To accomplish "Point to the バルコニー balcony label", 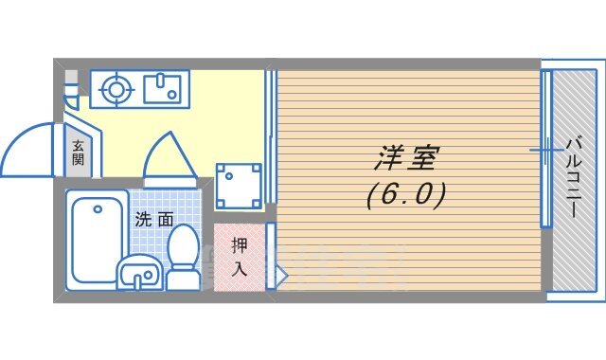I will [575, 179].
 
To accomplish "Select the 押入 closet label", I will [240, 255].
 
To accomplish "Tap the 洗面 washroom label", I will [154, 219].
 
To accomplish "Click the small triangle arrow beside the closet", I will [280, 275].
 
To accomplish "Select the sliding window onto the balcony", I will [545, 150].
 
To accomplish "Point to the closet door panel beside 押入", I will [270, 255].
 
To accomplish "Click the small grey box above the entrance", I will [70, 79].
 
